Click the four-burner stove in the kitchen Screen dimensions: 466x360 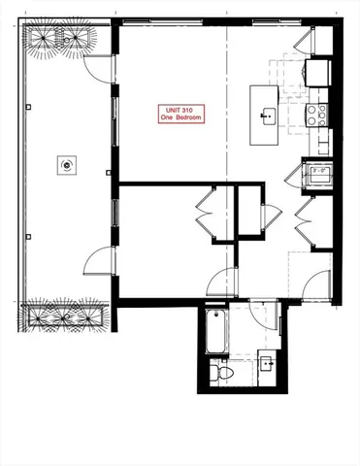[316, 115]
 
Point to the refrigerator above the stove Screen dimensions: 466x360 [317, 72]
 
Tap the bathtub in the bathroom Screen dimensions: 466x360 [216, 334]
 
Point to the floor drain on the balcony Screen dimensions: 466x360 [66, 165]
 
